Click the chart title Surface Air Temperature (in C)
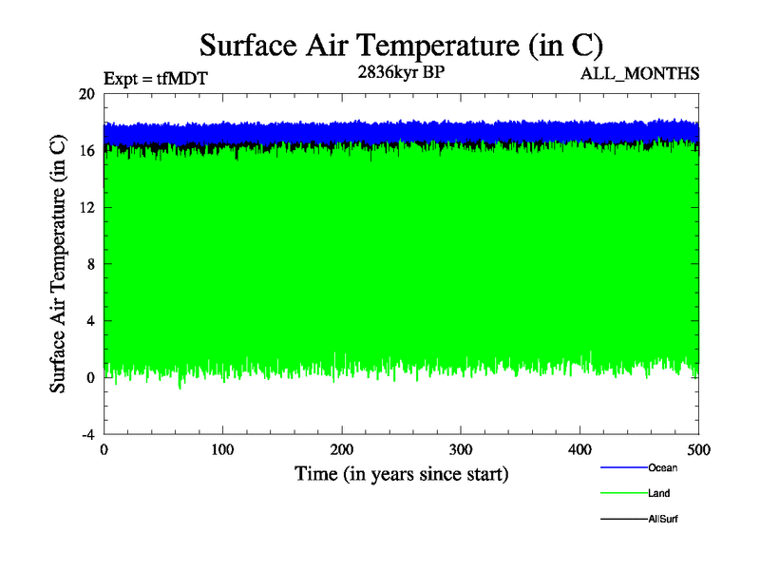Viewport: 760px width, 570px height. (401, 45)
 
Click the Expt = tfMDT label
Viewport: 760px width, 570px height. (155, 79)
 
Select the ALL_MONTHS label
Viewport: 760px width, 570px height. (640, 72)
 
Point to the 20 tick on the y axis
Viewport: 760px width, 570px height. (85, 94)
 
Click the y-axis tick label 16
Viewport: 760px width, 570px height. (85, 151)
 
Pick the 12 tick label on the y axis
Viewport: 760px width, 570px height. (85, 207)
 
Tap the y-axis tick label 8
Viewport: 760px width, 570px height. (89, 264)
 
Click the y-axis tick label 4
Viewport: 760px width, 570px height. (89, 321)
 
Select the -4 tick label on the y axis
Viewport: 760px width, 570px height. (86, 434)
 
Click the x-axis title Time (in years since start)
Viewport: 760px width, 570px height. (401, 473)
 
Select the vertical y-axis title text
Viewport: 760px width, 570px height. (59, 264)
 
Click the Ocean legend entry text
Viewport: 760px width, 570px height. (662, 467)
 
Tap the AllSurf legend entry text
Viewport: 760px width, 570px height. (663, 519)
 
